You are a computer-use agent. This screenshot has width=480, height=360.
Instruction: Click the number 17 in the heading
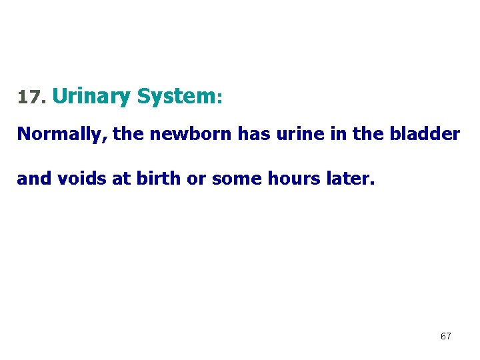coord(29,98)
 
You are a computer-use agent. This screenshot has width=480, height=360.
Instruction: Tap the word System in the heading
coord(175,96)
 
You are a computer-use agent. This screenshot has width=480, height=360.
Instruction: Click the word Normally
coord(62,134)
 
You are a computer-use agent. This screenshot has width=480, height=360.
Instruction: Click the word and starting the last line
coord(32,179)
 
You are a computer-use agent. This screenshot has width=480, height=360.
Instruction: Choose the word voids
coord(76,179)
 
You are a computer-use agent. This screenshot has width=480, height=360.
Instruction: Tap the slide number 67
coord(445,337)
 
